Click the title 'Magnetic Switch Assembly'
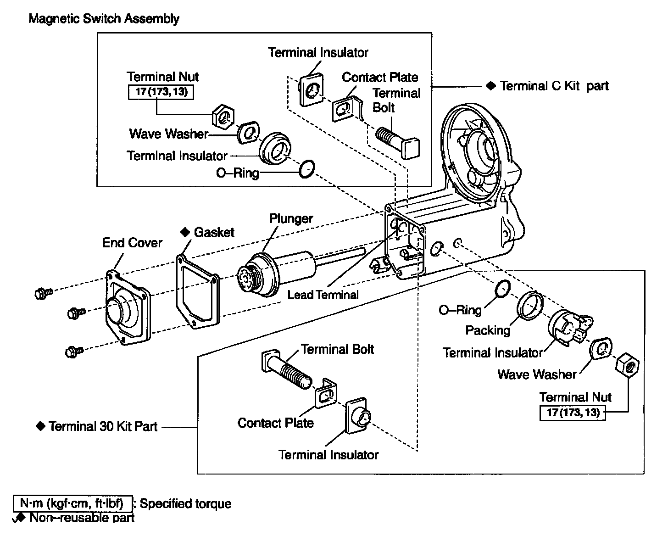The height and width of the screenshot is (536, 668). pos(104,19)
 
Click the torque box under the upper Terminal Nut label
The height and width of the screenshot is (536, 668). pos(161,92)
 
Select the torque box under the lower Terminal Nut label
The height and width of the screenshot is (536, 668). pos(573,412)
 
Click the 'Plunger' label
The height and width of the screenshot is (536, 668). pos(291,218)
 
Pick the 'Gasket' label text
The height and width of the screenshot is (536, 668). pos(214,232)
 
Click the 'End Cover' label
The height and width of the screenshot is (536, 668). pos(132,243)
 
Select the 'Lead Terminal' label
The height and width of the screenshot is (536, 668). pos(323,295)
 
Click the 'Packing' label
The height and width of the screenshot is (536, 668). pos(488,330)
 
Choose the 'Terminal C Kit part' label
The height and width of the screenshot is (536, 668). pos(554,86)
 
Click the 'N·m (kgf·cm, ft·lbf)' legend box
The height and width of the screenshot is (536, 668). pos(73,504)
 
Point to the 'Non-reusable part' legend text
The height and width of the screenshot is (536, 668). pos(82,518)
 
